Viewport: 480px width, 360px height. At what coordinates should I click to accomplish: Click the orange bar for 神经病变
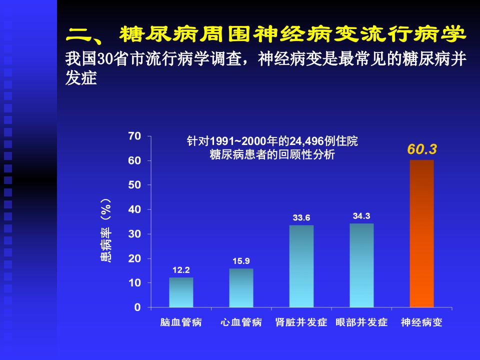click(x=421, y=233)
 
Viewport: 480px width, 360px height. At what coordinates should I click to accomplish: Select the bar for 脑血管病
click(x=181, y=292)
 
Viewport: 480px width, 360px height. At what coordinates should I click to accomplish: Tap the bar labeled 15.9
click(x=241, y=288)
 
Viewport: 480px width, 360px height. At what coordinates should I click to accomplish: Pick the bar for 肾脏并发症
click(x=301, y=266)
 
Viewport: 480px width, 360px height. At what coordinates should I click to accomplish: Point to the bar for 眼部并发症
click(x=361, y=265)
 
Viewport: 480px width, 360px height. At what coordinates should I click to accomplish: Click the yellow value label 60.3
click(x=422, y=149)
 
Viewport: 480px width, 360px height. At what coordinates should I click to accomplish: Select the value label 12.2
click(x=181, y=270)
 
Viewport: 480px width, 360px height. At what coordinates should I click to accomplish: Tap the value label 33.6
click(x=301, y=217)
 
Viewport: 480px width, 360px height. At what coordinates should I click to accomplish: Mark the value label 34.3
click(x=361, y=216)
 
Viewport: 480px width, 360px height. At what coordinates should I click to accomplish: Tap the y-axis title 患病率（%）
click(x=106, y=230)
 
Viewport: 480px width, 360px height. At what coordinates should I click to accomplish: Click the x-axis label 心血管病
click(x=241, y=322)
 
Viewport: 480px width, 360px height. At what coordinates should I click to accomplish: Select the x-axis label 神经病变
click(x=421, y=322)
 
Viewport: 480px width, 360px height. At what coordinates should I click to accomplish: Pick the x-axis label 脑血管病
click(x=181, y=322)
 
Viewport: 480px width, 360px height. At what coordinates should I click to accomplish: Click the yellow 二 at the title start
click(x=78, y=34)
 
